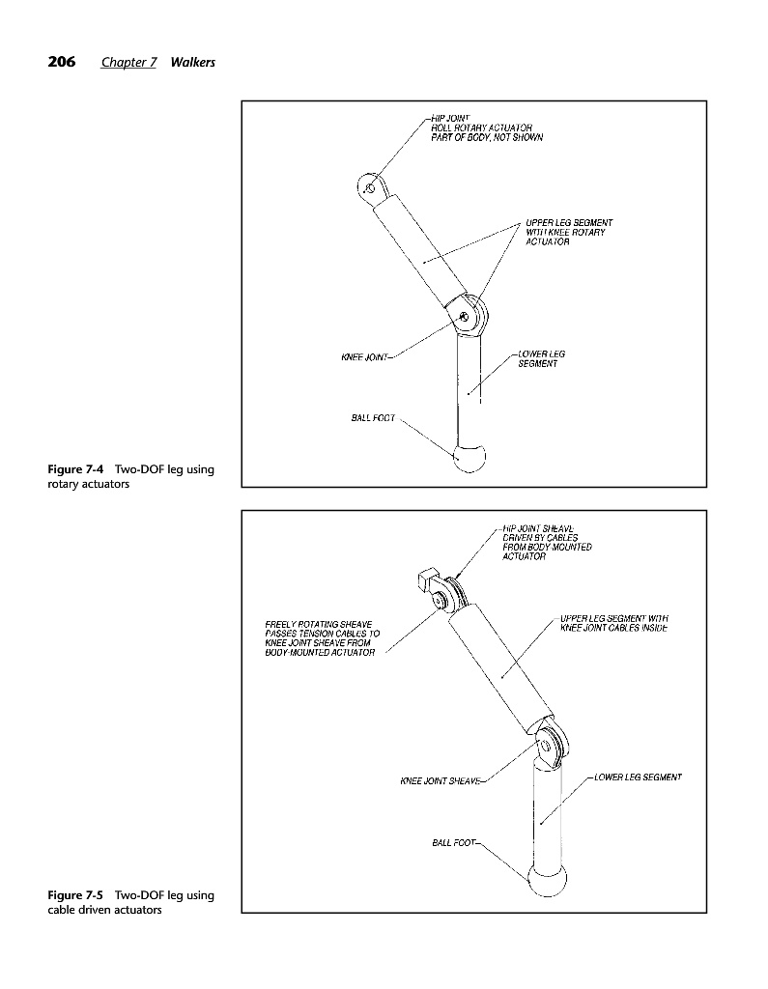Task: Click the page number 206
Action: [62, 62]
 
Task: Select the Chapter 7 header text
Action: [129, 63]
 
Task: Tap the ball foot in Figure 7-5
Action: [546, 881]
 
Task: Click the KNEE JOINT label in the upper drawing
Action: [364, 357]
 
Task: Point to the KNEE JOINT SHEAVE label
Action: [440, 779]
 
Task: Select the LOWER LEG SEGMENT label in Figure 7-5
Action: [638, 777]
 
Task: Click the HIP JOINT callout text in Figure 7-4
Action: [486, 127]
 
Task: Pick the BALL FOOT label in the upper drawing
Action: [372, 418]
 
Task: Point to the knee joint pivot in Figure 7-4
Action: [467, 315]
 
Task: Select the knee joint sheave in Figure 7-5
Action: [553, 747]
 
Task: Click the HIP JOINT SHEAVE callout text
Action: [546, 542]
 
